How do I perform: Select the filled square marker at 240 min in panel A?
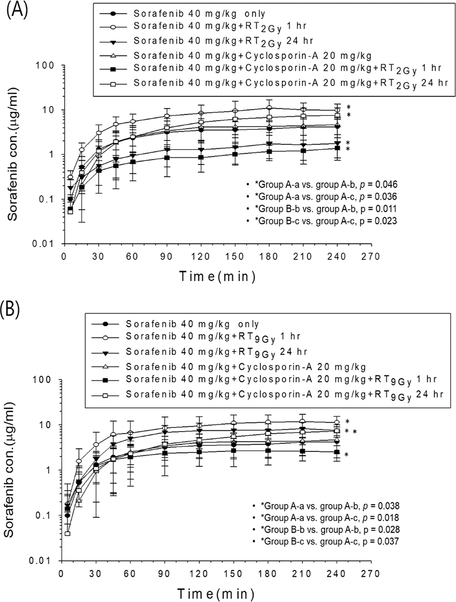(x=337, y=148)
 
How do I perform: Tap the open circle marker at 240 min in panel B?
(x=337, y=422)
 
